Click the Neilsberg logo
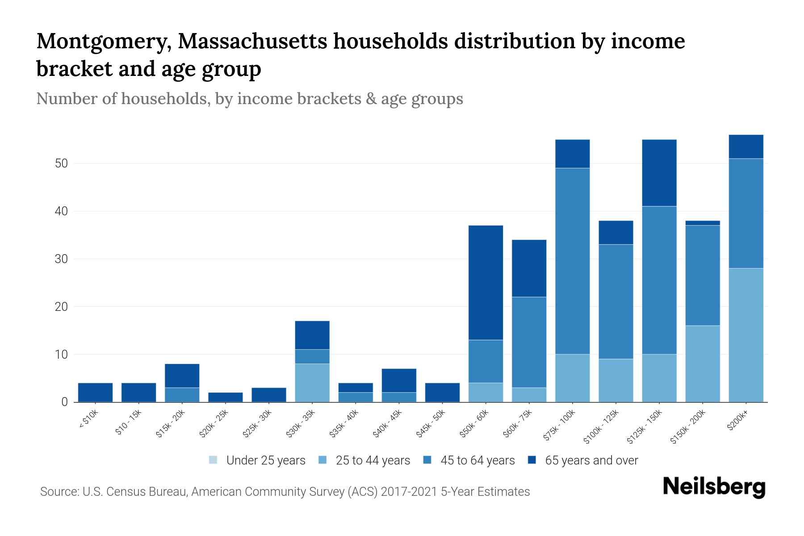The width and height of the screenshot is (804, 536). coord(714,486)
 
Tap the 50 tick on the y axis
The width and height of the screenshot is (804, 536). coord(61,163)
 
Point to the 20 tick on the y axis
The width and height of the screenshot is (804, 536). coord(61,307)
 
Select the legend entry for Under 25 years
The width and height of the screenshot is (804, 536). coord(257,460)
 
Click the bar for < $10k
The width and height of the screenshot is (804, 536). coord(95,392)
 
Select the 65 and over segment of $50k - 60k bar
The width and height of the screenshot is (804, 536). coord(486,282)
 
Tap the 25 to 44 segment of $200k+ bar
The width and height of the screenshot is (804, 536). coord(745,335)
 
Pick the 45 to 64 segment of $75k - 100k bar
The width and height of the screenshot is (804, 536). coord(572,261)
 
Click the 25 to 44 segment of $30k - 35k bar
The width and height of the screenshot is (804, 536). coord(312,383)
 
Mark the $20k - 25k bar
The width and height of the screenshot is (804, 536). coord(225,397)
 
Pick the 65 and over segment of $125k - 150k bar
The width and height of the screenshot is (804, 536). coord(659,172)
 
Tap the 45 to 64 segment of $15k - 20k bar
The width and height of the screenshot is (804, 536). coord(182,394)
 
